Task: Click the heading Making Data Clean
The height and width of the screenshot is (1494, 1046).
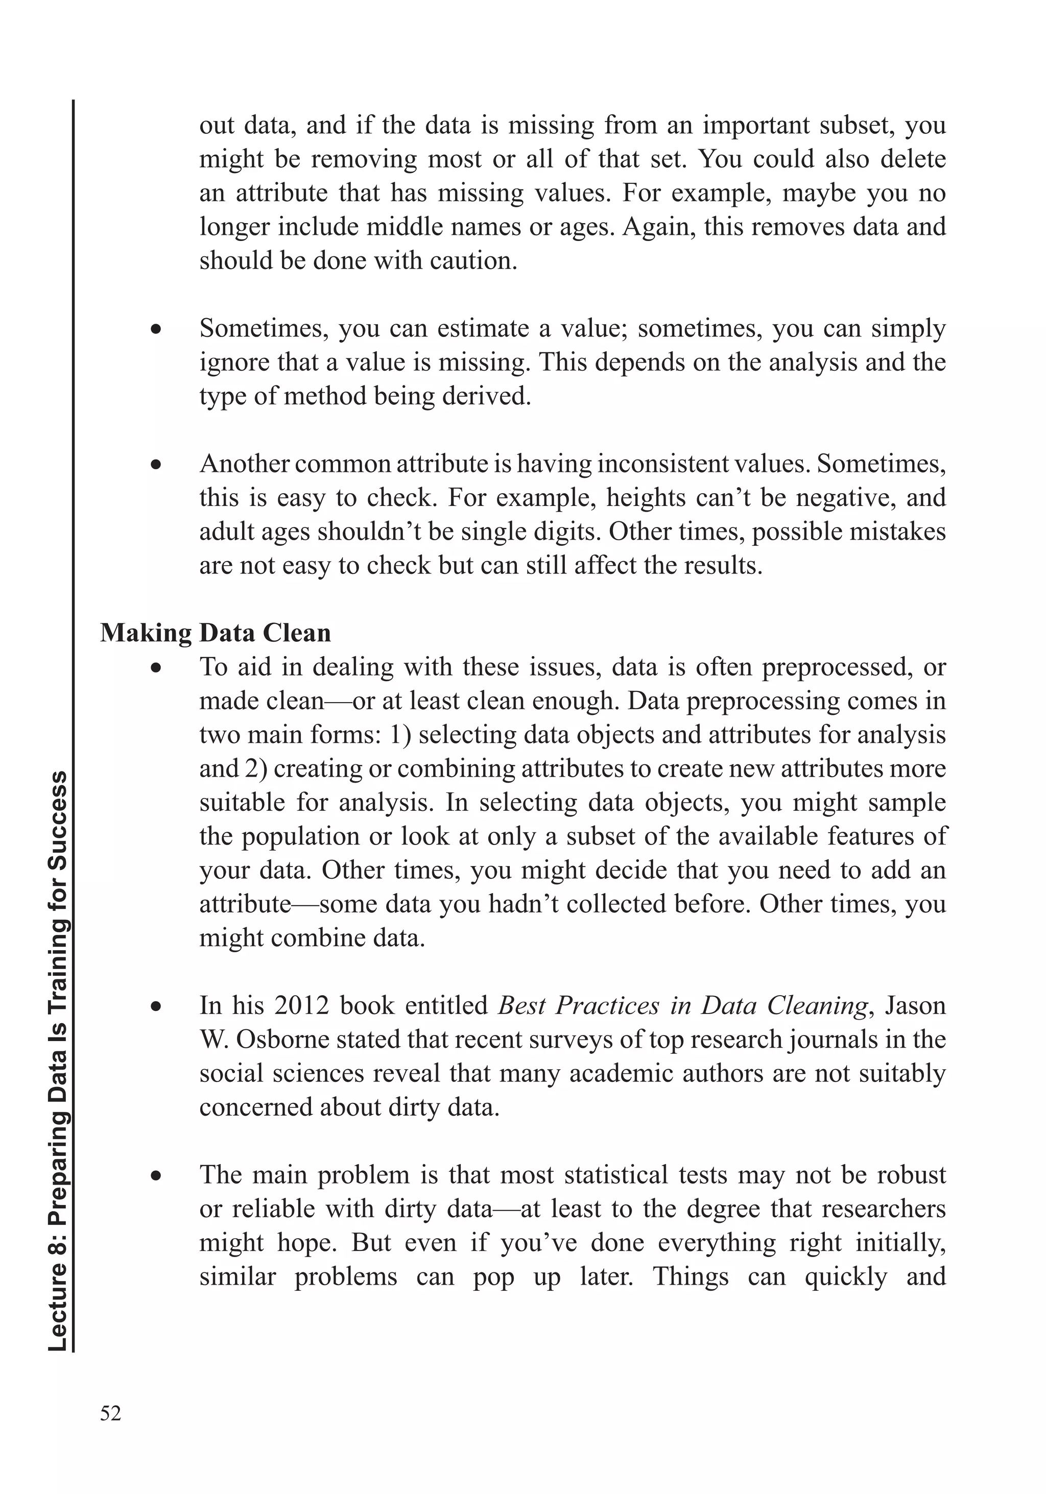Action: point(216,633)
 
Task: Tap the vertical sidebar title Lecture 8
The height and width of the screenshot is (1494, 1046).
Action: point(59,1061)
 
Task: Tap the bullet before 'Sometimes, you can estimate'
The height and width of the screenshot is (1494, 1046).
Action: point(156,329)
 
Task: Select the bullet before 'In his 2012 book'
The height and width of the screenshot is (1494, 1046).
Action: point(156,1006)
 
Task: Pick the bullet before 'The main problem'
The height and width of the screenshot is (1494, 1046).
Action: point(156,1176)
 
